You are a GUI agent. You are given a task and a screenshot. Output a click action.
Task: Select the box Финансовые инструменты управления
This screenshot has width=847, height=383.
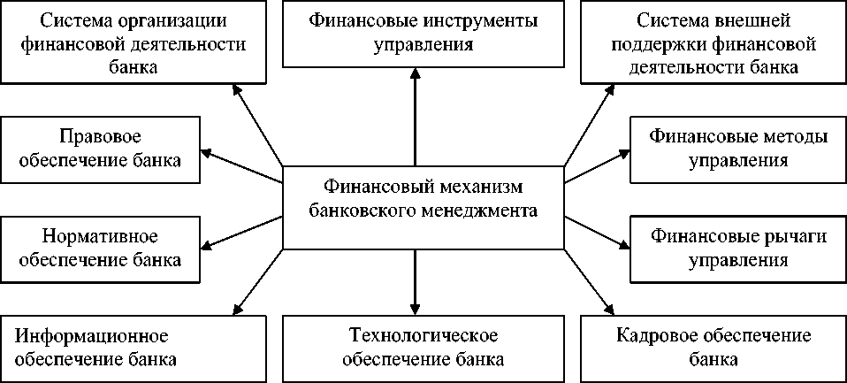[423, 33]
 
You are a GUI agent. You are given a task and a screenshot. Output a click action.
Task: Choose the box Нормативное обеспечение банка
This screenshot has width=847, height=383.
[102, 248]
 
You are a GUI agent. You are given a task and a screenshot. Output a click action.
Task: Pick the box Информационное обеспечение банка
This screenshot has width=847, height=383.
[133, 348]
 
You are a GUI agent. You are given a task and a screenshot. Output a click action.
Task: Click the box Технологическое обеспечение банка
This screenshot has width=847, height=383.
[423, 348]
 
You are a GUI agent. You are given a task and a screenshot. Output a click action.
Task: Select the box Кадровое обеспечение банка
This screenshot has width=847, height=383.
[713, 348]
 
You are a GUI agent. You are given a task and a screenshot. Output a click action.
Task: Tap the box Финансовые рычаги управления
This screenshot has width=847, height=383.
[737, 248]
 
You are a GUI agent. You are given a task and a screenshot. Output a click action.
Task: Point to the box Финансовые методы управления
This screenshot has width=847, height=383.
[737, 149]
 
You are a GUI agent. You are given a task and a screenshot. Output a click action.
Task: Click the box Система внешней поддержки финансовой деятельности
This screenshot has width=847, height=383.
[713, 42]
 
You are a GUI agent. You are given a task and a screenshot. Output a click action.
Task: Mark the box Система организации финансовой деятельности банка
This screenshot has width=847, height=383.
[133, 42]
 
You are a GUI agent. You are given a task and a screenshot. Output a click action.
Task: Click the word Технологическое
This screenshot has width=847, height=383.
[423, 337]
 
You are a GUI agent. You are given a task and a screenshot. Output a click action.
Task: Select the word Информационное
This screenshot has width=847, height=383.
[92, 337]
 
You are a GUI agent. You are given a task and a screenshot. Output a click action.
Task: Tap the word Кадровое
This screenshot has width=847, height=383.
[651, 337]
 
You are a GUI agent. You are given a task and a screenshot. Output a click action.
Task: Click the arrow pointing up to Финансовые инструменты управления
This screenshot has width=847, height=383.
[414, 115]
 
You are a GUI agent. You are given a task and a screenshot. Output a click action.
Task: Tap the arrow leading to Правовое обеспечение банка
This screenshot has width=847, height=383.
[242, 158]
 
